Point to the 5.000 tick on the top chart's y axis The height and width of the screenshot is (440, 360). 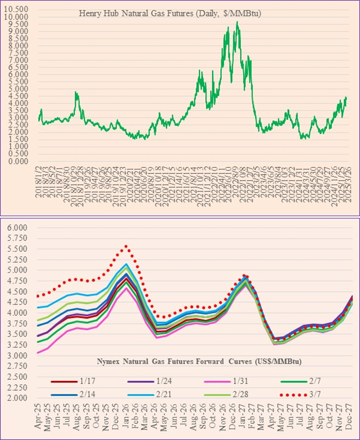[x=19, y=89]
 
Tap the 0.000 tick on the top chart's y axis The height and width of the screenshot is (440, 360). [x=19, y=161]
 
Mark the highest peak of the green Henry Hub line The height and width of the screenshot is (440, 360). [x=237, y=22]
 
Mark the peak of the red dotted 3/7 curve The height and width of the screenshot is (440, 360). [x=125, y=246]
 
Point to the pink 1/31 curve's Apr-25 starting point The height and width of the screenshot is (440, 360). [x=38, y=353]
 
